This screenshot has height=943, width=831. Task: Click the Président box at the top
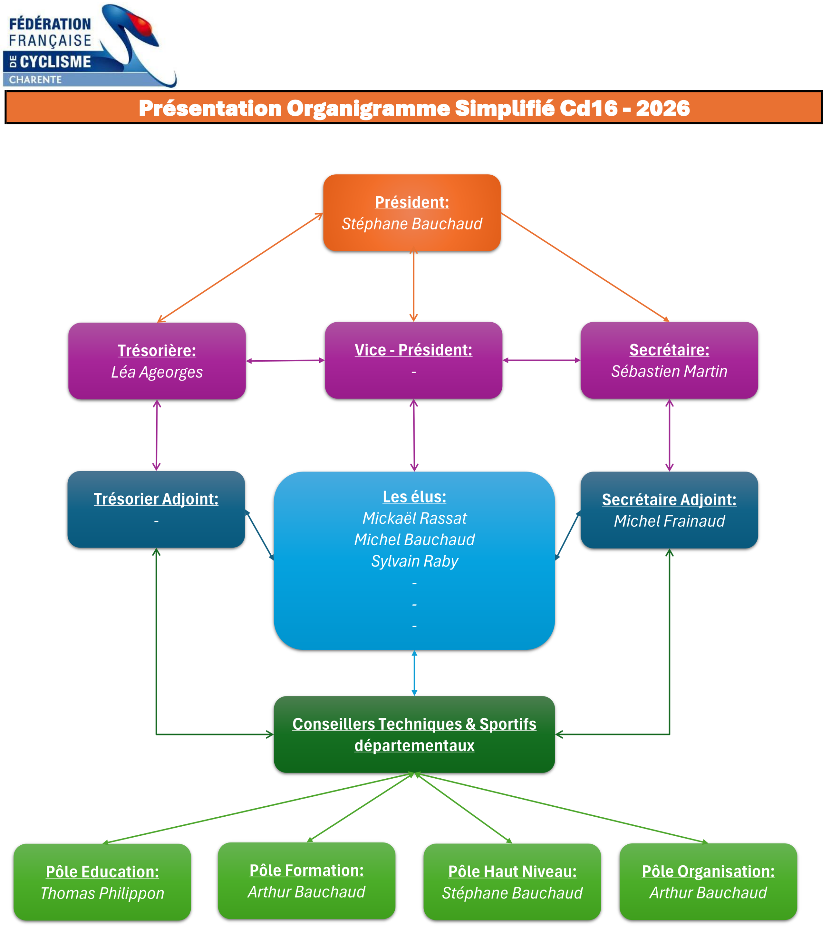tap(411, 213)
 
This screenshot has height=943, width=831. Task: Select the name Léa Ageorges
tap(157, 372)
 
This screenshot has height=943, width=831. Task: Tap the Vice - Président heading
tap(413, 350)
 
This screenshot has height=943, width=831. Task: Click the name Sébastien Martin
tap(669, 371)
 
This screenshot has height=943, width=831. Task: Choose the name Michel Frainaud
tap(669, 521)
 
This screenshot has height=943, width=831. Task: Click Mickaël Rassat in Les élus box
tap(414, 518)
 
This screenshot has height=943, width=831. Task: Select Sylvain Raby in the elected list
tap(414, 561)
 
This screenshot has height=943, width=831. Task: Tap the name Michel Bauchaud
tap(414, 539)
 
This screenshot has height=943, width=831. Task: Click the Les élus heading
tap(414, 497)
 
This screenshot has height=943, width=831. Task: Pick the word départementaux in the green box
tap(414, 746)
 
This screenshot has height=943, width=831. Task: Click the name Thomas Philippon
tap(102, 893)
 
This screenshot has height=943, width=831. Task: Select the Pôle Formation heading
tap(306, 870)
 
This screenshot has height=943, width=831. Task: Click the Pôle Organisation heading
tap(708, 871)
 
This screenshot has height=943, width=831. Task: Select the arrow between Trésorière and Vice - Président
tap(285, 361)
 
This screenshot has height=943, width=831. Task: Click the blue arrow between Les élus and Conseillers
tap(414, 673)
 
